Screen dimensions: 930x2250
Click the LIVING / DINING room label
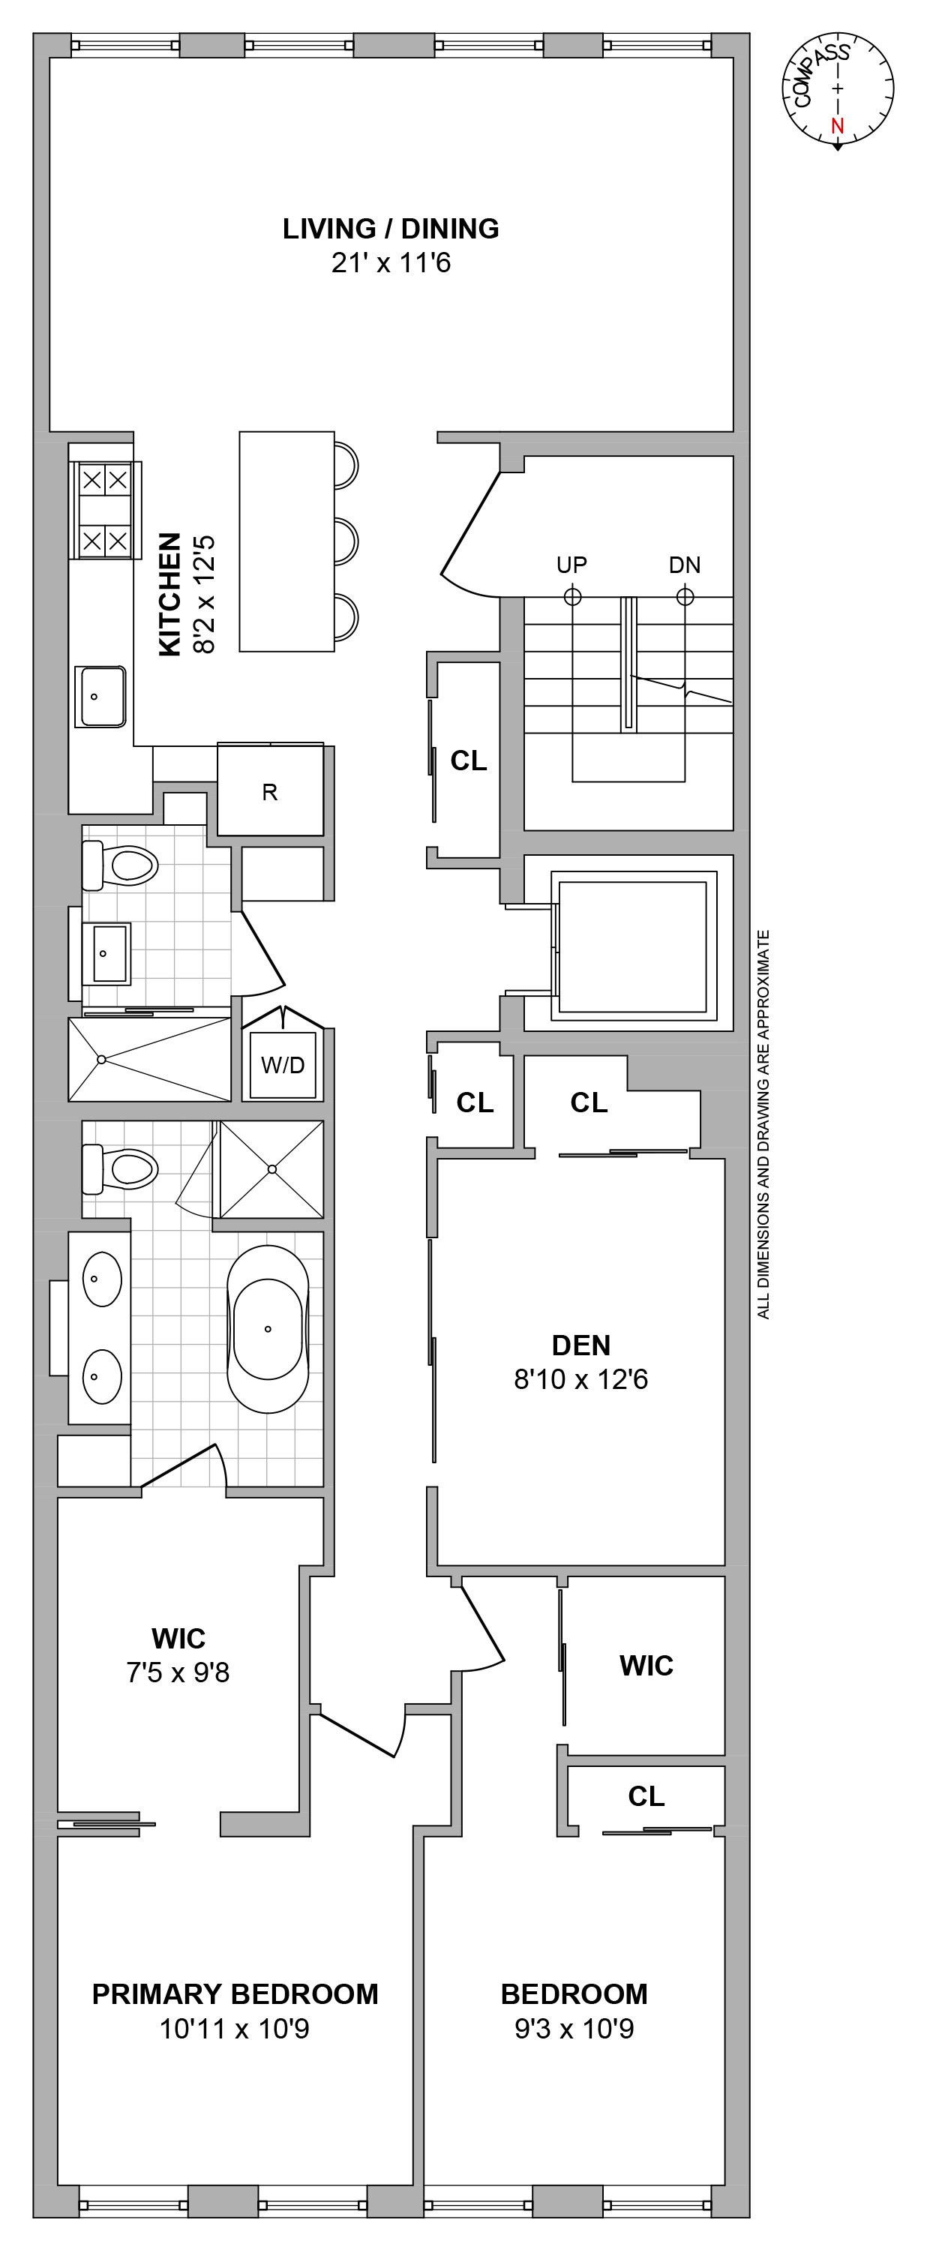[x=390, y=229]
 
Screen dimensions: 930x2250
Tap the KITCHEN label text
[x=169, y=594]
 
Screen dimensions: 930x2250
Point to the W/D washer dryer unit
[x=283, y=1065]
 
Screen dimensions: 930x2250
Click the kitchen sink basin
[x=102, y=696]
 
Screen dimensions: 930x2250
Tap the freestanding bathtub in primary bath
[x=268, y=1328]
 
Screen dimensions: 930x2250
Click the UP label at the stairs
[x=572, y=565]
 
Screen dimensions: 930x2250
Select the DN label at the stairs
[x=685, y=565]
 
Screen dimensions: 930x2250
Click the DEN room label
[x=580, y=1345]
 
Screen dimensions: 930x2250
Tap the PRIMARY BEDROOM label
[x=235, y=1994]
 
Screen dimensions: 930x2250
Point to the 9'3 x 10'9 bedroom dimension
[x=574, y=2028]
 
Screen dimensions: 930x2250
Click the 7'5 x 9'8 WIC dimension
[x=178, y=1672]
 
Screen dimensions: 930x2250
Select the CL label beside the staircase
[x=469, y=760]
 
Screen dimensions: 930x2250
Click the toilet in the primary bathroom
[x=121, y=1168]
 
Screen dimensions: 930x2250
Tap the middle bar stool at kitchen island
[x=346, y=541]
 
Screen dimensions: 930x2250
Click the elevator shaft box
[x=632, y=946]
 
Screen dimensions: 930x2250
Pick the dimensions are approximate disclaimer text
[x=763, y=1124]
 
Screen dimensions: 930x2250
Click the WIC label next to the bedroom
[x=646, y=1666]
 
